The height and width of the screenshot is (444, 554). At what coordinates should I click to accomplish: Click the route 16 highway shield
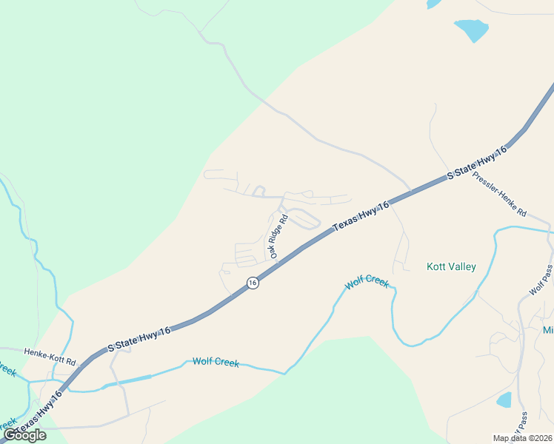coord(253,283)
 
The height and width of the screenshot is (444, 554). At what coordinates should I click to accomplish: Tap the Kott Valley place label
coord(452,266)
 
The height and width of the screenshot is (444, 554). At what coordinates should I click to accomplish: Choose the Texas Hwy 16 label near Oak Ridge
coord(361,218)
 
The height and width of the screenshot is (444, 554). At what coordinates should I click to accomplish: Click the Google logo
coord(24,435)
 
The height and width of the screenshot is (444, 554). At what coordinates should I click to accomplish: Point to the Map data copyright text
coord(522,438)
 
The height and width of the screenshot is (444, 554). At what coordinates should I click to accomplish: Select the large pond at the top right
coord(472,30)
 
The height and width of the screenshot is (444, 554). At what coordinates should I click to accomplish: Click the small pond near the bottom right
coord(504,400)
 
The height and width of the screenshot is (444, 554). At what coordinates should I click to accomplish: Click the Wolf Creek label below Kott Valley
coord(367,283)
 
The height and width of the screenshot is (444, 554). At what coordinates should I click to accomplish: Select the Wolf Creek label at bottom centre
coord(216,362)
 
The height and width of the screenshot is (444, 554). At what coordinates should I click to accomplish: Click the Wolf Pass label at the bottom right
coord(523,425)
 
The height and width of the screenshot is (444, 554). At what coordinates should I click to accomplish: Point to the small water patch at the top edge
coord(433,4)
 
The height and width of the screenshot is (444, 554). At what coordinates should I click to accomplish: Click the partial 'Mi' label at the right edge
coord(548,330)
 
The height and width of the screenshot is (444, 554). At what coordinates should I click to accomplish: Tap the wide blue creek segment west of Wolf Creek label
coord(130,380)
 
